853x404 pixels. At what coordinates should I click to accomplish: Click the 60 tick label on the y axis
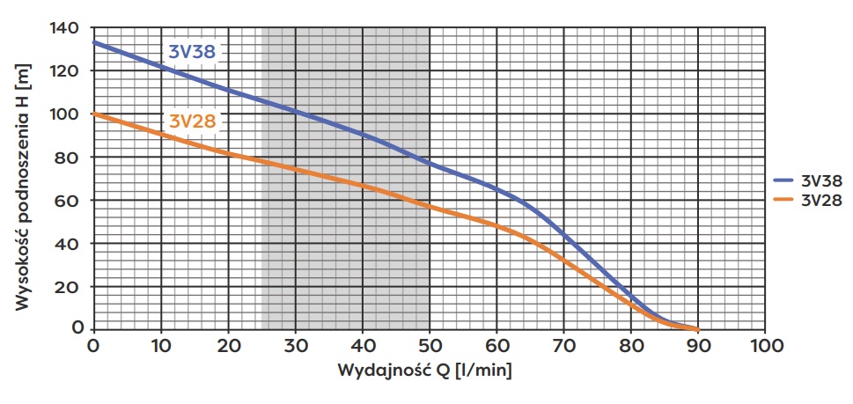click(72, 201)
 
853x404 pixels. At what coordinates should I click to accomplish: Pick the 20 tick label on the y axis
click(72, 287)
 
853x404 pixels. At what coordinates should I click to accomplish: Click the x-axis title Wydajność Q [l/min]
click(424, 370)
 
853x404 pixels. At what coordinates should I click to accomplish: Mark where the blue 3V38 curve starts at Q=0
click(94, 41)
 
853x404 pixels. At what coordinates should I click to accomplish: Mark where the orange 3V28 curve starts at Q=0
click(94, 114)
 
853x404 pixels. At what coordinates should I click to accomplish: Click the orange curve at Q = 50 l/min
click(430, 206)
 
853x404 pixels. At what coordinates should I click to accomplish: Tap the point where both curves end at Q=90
click(697, 329)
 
